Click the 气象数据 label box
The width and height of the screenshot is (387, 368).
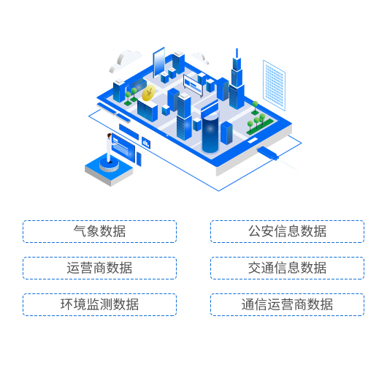point(100,231)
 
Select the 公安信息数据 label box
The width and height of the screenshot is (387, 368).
point(287,231)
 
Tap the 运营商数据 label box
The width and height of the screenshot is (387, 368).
point(100,268)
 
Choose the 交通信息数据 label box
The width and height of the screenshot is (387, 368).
point(287,268)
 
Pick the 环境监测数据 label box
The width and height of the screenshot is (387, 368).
point(100,304)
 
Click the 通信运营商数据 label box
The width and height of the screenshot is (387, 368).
point(287,304)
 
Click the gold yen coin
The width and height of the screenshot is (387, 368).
point(148,93)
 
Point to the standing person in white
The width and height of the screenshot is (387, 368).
point(109,148)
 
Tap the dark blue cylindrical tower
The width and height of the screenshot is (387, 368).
point(210,133)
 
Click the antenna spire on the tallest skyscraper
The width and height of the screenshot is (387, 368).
point(237,53)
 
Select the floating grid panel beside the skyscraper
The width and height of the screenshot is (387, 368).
point(274,85)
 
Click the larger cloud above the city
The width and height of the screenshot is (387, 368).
point(125,61)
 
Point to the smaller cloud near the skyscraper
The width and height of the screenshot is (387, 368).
point(200,58)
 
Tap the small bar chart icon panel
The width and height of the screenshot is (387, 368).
point(146,143)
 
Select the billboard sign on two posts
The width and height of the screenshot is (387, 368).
point(193,85)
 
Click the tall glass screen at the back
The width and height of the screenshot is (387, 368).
point(159,62)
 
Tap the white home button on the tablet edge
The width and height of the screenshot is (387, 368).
point(253,140)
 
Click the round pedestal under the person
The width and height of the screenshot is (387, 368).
point(109,165)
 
